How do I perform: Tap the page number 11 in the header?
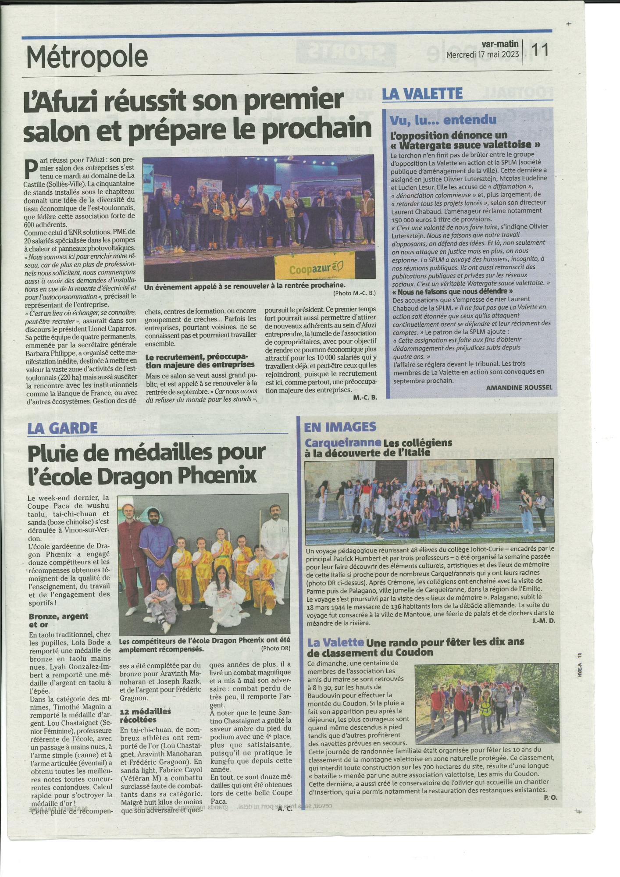[539, 50]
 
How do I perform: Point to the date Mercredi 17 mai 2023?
[482, 54]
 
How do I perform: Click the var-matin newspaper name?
[500, 44]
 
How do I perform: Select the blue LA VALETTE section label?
[422, 94]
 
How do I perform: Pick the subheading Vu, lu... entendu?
[443, 119]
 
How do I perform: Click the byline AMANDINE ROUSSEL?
[519, 388]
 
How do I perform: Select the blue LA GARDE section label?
[62, 428]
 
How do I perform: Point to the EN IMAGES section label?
[340, 427]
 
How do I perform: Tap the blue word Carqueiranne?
[343, 443]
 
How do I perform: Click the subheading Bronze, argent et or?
[58, 620]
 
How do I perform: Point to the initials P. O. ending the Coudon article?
[550, 797]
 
